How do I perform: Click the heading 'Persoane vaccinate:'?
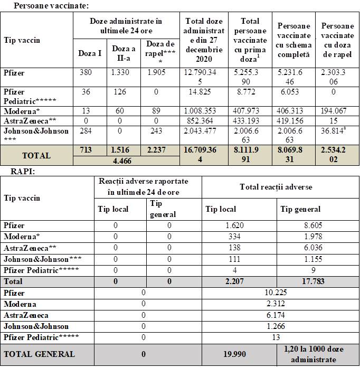tap(51, 5)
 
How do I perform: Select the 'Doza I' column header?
tap(87, 53)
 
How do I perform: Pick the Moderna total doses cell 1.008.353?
tap(199, 111)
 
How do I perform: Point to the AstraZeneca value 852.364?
tap(199, 121)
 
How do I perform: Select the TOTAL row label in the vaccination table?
tap(36, 156)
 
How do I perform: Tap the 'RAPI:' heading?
tap(21, 172)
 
